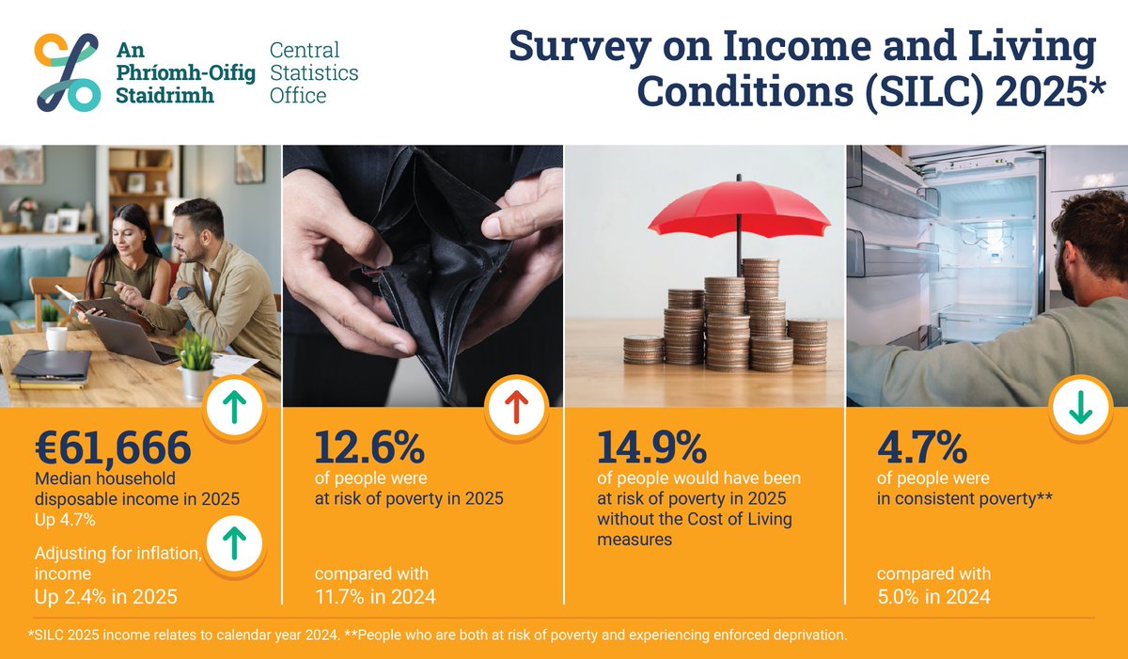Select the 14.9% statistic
pyautogui.click(x=651, y=448)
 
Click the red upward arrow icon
pyautogui.click(x=517, y=405)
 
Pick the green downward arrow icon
pyautogui.click(x=1080, y=407)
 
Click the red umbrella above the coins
pyautogui.click(x=739, y=212)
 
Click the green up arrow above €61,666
pyautogui.click(x=235, y=406)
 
